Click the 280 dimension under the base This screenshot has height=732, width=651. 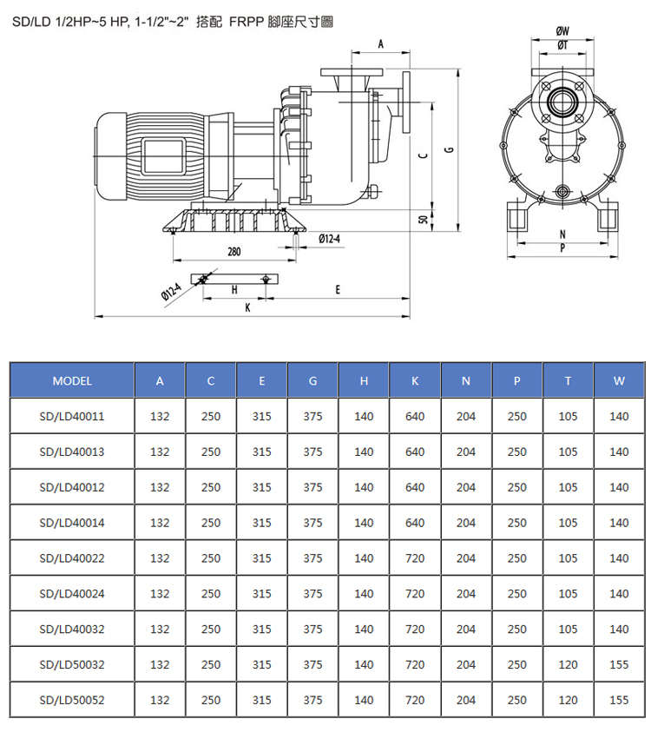233,252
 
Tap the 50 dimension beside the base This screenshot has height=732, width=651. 424,220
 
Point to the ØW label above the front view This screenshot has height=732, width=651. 562,30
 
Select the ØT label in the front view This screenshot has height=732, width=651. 562,45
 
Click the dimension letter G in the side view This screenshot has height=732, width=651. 450,150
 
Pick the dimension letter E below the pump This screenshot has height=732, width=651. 338,290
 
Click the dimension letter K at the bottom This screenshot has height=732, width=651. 247,307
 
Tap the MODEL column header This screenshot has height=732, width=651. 72,381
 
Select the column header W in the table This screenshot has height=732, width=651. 619,381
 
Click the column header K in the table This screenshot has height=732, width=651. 415,381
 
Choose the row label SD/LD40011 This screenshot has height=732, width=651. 72,417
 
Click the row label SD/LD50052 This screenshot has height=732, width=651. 72,700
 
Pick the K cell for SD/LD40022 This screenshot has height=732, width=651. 415,558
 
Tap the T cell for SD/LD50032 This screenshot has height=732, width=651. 568,665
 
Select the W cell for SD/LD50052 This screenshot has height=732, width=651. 619,700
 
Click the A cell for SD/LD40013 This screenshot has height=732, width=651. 160,452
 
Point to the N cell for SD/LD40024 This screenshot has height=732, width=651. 466,594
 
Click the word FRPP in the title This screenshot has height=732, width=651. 247,22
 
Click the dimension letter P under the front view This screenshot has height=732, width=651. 562,247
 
